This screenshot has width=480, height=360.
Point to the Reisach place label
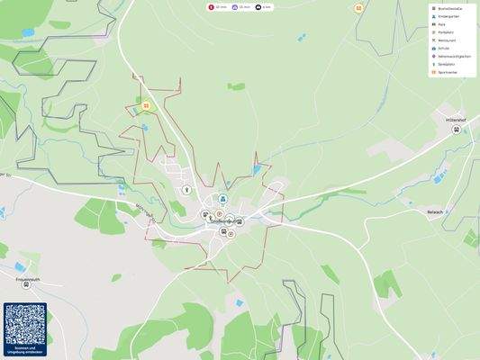[438, 211]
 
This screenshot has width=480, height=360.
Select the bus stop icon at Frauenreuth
[26, 283]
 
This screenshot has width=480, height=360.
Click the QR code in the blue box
[24, 324]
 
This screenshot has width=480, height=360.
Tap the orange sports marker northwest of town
[146, 105]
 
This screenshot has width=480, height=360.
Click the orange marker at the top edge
[358, 8]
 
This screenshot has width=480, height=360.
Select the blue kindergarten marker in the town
[224, 200]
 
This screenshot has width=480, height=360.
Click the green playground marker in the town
[186, 190]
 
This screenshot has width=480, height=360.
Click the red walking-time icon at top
[212, 6]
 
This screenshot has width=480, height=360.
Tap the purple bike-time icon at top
[235, 6]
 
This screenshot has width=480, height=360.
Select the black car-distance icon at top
[258, 6]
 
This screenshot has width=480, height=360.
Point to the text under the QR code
[24, 350]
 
